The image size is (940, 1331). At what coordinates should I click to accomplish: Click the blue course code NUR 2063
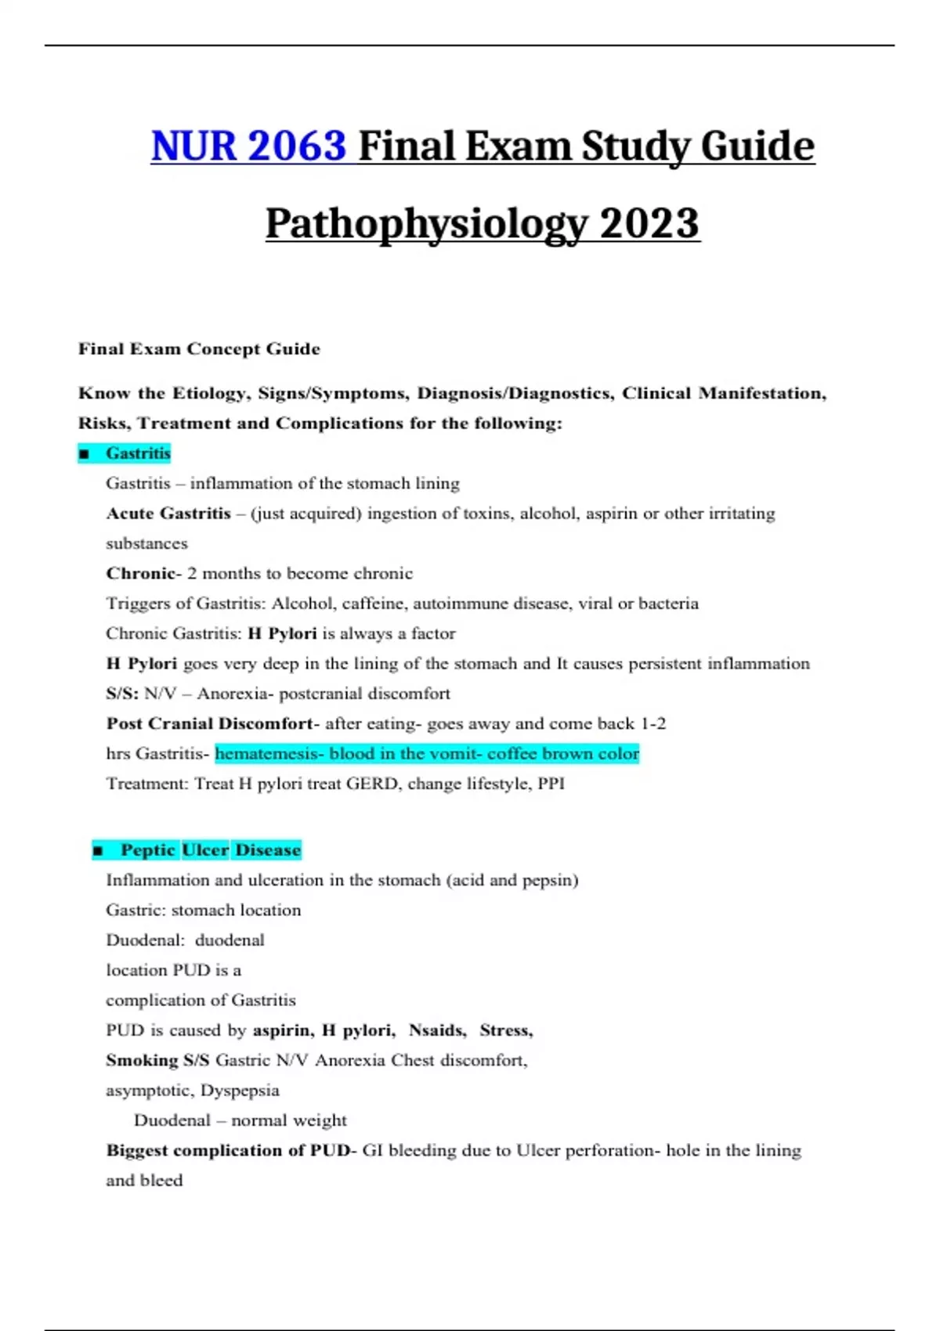coord(248,146)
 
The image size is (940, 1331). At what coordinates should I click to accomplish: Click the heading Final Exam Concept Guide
coord(199,349)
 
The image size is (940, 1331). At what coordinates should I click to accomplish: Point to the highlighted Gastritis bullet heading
coord(138,453)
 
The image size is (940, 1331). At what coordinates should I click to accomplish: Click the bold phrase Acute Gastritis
coord(168,514)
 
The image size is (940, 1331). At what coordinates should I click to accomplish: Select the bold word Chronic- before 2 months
coord(143,573)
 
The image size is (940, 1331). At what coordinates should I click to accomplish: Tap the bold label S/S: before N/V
coord(122,694)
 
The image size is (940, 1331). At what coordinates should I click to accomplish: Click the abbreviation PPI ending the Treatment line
coord(551,784)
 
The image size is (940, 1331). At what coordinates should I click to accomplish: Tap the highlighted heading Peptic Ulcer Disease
coord(210,850)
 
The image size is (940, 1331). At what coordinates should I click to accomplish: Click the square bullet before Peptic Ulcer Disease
coord(98,850)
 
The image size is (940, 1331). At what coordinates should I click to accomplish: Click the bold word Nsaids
coord(437,1030)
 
